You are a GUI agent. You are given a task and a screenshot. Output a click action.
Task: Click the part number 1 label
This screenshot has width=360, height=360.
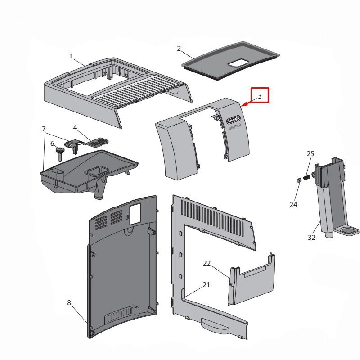click(x=71, y=56)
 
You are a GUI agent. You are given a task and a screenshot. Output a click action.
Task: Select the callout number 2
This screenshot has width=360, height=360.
click(x=179, y=49)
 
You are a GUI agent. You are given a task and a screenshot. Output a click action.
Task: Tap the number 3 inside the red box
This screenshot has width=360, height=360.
click(x=260, y=96)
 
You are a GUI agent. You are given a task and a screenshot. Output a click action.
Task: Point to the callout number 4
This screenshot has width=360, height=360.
click(x=76, y=128)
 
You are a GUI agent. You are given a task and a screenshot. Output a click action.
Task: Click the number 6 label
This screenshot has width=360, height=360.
click(x=52, y=144)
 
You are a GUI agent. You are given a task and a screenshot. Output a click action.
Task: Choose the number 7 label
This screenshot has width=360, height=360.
click(x=44, y=129)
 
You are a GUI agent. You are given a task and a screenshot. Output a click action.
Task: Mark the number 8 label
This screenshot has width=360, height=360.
click(x=69, y=303)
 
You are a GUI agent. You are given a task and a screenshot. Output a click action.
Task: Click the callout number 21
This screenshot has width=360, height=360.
click(x=207, y=284)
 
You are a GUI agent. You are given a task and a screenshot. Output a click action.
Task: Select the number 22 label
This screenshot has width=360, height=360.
click(x=207, y=263)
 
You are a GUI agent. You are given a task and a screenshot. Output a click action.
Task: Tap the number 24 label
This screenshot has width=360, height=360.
click(x=293, y=205)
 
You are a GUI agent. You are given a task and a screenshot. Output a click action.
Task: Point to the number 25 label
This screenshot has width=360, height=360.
click(x=310, y=154)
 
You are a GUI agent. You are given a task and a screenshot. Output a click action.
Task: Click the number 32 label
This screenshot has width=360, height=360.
click(x=311, y=238)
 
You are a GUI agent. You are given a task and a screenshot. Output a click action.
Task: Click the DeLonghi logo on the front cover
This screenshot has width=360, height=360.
click(x=232, y=119)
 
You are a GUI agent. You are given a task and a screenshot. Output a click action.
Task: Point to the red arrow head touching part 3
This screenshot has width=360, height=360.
click(x=243, y=106)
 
